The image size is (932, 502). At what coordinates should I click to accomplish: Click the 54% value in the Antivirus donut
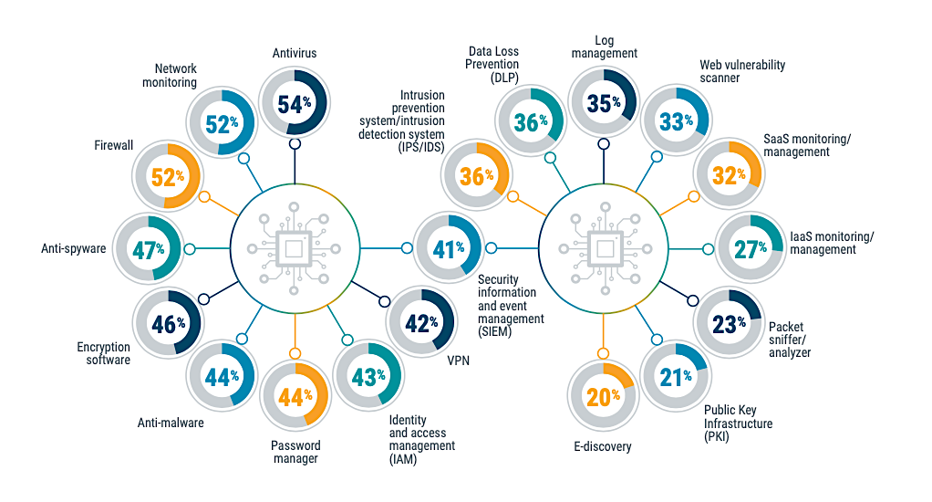[x=295, y=104]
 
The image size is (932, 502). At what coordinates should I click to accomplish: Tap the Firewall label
[x=113, y=145]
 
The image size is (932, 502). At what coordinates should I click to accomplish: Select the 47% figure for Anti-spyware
[x=149, y=250]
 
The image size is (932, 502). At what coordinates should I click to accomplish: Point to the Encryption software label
[x=103, y=353]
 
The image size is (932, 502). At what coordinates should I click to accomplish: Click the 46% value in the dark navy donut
[x=168, y=325]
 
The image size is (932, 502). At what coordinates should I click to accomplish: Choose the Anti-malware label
[x=171, y=423]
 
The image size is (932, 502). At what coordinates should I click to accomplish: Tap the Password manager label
[x=295, y=452]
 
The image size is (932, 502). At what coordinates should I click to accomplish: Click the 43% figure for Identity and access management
[x=368, y=377]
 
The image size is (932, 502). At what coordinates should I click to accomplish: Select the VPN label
[x=459, y=361]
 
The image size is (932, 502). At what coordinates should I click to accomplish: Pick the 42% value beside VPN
[x=421, y=324]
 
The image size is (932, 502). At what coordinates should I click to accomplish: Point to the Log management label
[x=605, y=47]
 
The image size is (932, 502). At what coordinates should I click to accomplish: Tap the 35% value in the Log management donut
[x=604, y=103]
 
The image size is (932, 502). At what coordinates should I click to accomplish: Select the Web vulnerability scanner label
[x=742, y=71]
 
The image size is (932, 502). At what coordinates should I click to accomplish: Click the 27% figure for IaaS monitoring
[x=751, y=249]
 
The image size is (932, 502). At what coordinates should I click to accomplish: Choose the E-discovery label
[x=603, y=446]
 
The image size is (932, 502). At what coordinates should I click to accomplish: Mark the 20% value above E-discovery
[x=604, y=397]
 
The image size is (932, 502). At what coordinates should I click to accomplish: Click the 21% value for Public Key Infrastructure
[x=676, y=377]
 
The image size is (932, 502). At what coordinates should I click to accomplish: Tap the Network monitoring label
[x=170, y=76]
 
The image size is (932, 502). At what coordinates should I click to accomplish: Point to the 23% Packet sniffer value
[x=730, y=325]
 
